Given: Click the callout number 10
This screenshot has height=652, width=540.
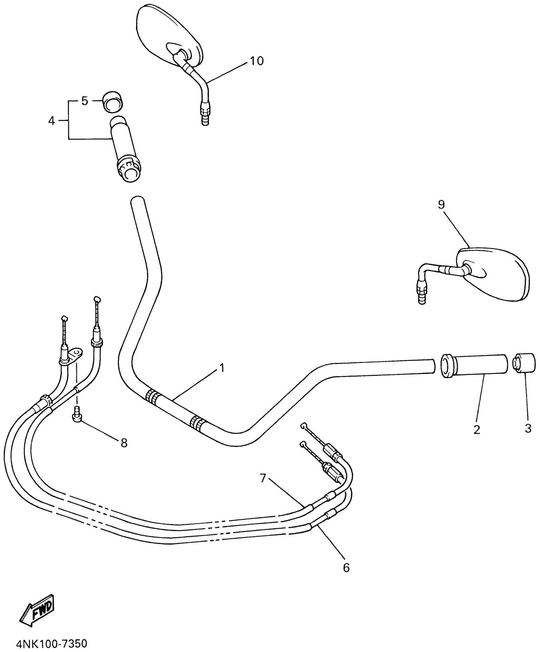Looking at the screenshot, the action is pyautogui.click(x=257, y=61).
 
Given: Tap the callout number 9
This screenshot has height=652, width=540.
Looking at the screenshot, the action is pyautogui.click(x=441, y=205).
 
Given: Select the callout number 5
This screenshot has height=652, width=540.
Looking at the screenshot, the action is pyautogui.click(x=84, y=101).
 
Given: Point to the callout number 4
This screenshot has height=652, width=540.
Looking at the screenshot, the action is pyautogui.click(x=51, y=121).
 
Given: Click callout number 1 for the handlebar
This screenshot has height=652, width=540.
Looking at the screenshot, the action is pyautogui.click(x=222, y=368).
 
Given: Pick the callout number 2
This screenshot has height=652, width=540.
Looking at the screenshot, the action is pyautogui.click(x=476, y=429).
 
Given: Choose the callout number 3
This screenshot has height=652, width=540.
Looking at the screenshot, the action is pyautogui.click(x=528, y=428).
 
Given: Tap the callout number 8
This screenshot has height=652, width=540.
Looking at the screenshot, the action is pyautogui.click(x=124, y=443).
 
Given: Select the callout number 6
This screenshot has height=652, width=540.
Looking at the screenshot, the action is pyautogui.click(x=346, y=568).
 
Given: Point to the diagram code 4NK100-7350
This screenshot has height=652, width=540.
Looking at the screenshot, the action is pyautogui.click(x=51, y=642).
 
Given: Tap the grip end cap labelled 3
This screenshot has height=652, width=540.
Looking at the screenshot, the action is pyautogui.click(x=524, y=364).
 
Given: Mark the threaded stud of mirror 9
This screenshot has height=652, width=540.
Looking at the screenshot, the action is pyautogui.click(x=422, y=295).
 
